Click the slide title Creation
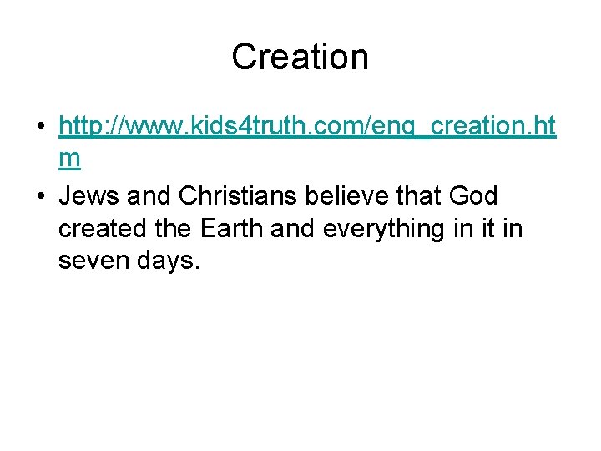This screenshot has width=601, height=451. point(300,57)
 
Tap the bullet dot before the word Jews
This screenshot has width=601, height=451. point(40,197)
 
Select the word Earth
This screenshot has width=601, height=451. point(246,229)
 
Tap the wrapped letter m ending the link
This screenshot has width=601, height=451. point(69,159)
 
